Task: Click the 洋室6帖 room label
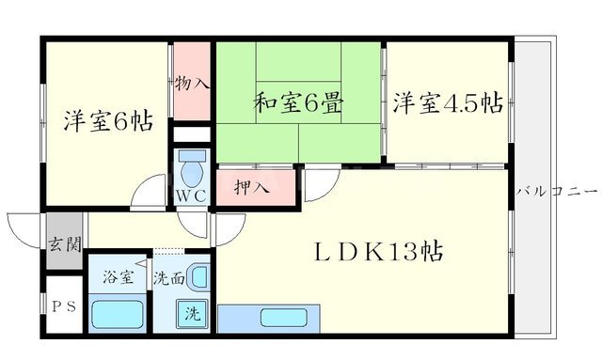click(107, 120)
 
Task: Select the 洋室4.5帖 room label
click(447, 103)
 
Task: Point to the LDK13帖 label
click(379, 252)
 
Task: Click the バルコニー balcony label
click(557, 192)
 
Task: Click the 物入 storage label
click(193, 84)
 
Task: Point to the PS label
click(64, 305)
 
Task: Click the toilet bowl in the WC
click(192, 172)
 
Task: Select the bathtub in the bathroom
click(118, 312)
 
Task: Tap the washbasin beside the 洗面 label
click(198, 276)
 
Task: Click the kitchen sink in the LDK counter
click(279, 317)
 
